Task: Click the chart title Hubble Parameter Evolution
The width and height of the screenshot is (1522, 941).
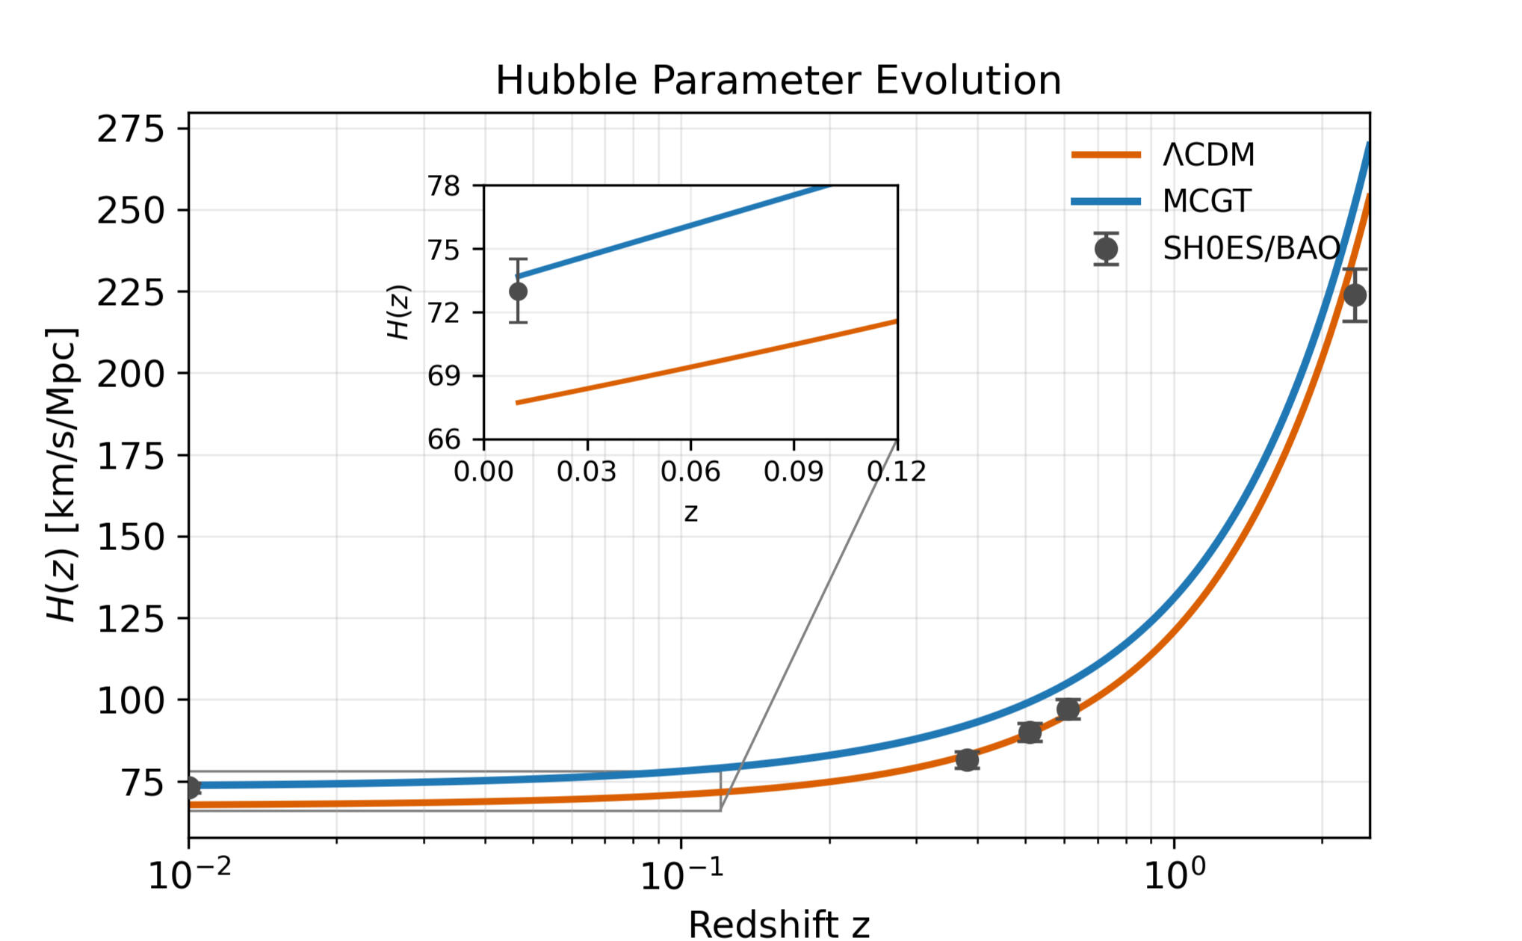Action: click(778, 80)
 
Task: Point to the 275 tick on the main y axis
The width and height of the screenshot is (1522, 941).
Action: click(130, 129)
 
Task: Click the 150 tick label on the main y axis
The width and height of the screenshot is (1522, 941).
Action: click(130, 537)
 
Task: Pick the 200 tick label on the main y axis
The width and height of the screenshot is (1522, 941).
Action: click(130, 374)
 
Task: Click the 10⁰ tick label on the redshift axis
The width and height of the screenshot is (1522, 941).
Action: click(1175, 874)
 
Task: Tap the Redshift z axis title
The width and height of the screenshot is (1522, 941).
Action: click(779, 924)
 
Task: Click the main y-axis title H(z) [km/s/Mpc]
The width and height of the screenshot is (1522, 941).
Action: click(62, 475)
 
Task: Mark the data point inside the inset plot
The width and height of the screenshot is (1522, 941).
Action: click(518, 291)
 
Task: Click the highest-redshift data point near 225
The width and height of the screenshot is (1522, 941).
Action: click(1355, 295)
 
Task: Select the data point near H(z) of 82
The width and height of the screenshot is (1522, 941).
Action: click(967, 760)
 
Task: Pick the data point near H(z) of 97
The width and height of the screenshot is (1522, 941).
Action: click(1068, 709)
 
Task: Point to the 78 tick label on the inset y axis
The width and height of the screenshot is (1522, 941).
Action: click(444, 185)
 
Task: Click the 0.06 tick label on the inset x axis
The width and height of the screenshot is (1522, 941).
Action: click(690, 472)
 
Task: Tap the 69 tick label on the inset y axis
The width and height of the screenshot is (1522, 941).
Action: click(444, 375)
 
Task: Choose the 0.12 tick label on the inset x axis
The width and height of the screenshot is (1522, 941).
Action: click(896, 472)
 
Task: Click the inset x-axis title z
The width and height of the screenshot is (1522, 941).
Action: click(690, 513)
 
